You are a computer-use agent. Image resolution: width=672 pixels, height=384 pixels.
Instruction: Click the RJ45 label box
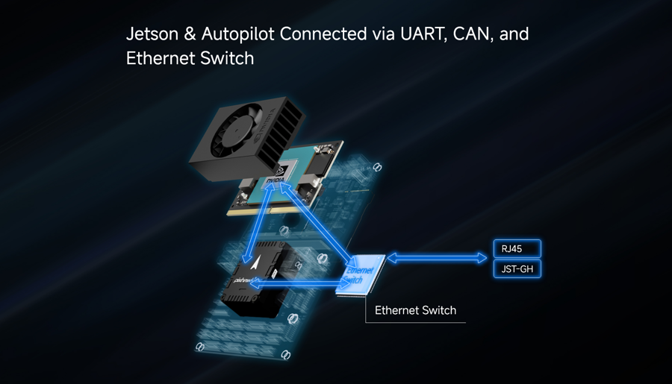tap(517, 249)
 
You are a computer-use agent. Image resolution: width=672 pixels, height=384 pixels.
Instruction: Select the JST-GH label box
tap(517, 269)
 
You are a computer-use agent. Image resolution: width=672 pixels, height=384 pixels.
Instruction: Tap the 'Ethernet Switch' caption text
tap(415, 310)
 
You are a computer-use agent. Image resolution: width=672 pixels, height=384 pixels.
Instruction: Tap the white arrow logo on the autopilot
tap(255, 264)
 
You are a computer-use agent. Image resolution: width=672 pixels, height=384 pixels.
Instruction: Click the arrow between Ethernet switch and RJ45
tap(437, 258)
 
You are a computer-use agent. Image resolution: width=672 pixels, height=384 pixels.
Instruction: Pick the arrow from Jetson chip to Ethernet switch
tap(317, 227)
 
